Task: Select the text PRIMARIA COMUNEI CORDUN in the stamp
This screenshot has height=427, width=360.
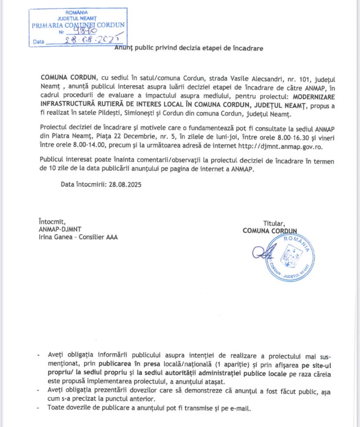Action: click(78, 25)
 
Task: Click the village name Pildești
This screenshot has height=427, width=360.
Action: click(125, 114)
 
